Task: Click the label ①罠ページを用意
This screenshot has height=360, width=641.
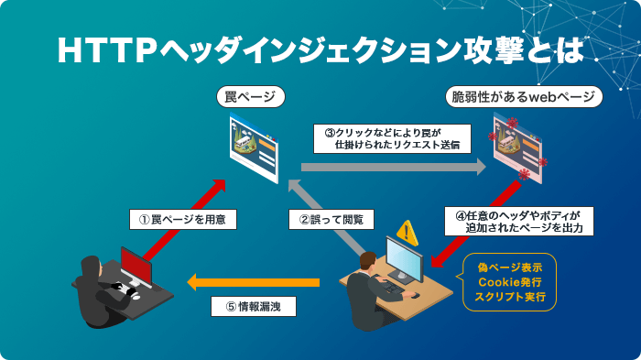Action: coord(182,219)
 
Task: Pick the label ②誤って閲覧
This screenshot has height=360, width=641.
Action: coord(331,219)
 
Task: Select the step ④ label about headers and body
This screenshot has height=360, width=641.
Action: coord(520,219)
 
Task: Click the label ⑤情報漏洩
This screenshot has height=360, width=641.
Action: coord(254,308)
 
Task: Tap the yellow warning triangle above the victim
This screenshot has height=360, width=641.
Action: coord(407,233)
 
